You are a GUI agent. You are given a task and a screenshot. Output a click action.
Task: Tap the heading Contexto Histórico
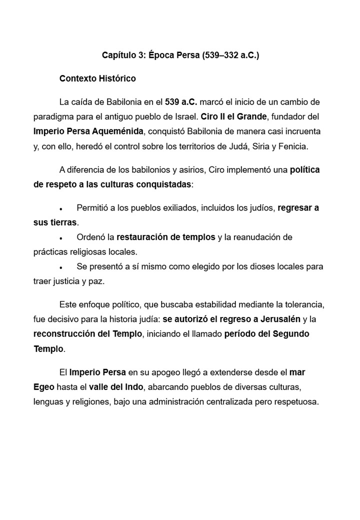point(97,78)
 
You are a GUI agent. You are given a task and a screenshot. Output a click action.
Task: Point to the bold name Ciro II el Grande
point(234,116)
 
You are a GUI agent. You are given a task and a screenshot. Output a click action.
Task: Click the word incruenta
point(300,131)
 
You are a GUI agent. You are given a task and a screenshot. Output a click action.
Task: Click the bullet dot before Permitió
point(60,208)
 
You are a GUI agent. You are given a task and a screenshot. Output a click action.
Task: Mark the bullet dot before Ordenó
point(60,237)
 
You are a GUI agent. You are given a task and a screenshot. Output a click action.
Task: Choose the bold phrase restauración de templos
point(166,237)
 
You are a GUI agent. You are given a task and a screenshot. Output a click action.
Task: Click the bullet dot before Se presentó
point(60,266)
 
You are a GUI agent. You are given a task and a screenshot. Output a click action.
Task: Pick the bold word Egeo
point(44,386)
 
